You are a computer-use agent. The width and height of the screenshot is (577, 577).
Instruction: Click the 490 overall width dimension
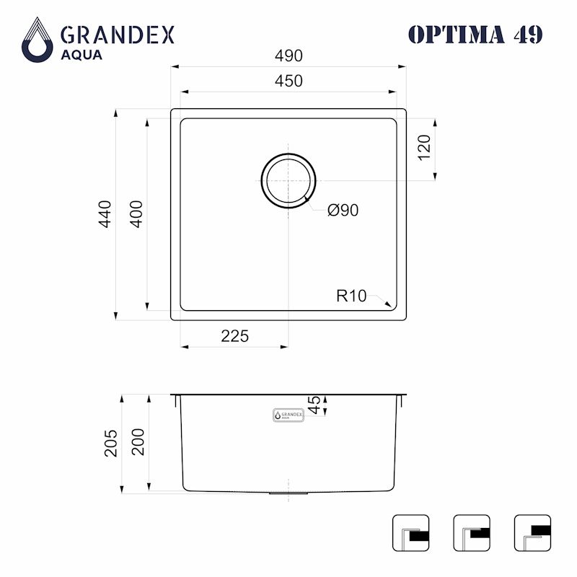(x=288, y=56)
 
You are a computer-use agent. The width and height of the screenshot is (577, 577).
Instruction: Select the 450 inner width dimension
(x=288, y=82)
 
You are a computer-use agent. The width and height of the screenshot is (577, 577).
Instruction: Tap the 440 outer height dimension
(x=105, y=214)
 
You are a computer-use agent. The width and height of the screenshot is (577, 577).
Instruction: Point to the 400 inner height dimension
(x=136, y=214)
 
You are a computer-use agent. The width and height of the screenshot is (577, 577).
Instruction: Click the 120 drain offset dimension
(x=424, y=148)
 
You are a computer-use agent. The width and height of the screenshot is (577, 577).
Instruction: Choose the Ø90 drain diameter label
(x=343, y=210)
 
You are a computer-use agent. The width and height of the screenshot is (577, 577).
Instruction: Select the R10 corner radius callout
(x=351, y=295)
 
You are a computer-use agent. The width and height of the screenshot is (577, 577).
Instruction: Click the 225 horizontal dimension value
(x=234, y=336)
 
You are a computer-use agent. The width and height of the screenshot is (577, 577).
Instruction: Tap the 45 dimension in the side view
(x=314, y=405)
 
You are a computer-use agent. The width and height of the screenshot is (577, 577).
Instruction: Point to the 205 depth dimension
(x=111, y=443)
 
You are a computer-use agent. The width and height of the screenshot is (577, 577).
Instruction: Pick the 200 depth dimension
(x=138, y=442)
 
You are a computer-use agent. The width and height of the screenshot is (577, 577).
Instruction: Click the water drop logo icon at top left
(x=37, y=40)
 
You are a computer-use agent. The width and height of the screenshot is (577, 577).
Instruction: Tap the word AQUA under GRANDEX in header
(x=81, y=55)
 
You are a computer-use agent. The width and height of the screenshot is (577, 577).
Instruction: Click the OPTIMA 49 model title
(x=475, y=34)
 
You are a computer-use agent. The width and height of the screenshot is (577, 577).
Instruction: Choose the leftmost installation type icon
(x=410, y=533)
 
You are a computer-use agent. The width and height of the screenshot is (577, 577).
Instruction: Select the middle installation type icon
(x=472, y=533)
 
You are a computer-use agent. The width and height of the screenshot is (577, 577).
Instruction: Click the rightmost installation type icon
(x=532, y=533)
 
